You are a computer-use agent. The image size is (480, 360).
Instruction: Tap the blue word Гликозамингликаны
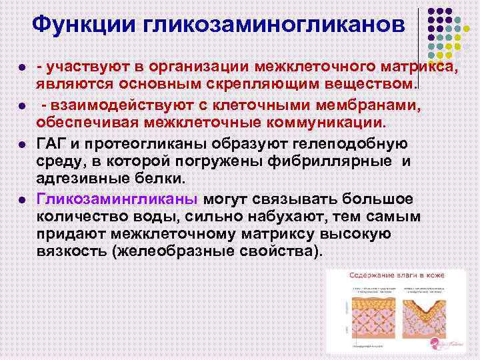pos(117,200)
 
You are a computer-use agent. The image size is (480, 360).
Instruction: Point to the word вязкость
pos(73,252)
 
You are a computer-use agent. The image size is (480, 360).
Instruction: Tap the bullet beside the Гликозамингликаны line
pos(22,200)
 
